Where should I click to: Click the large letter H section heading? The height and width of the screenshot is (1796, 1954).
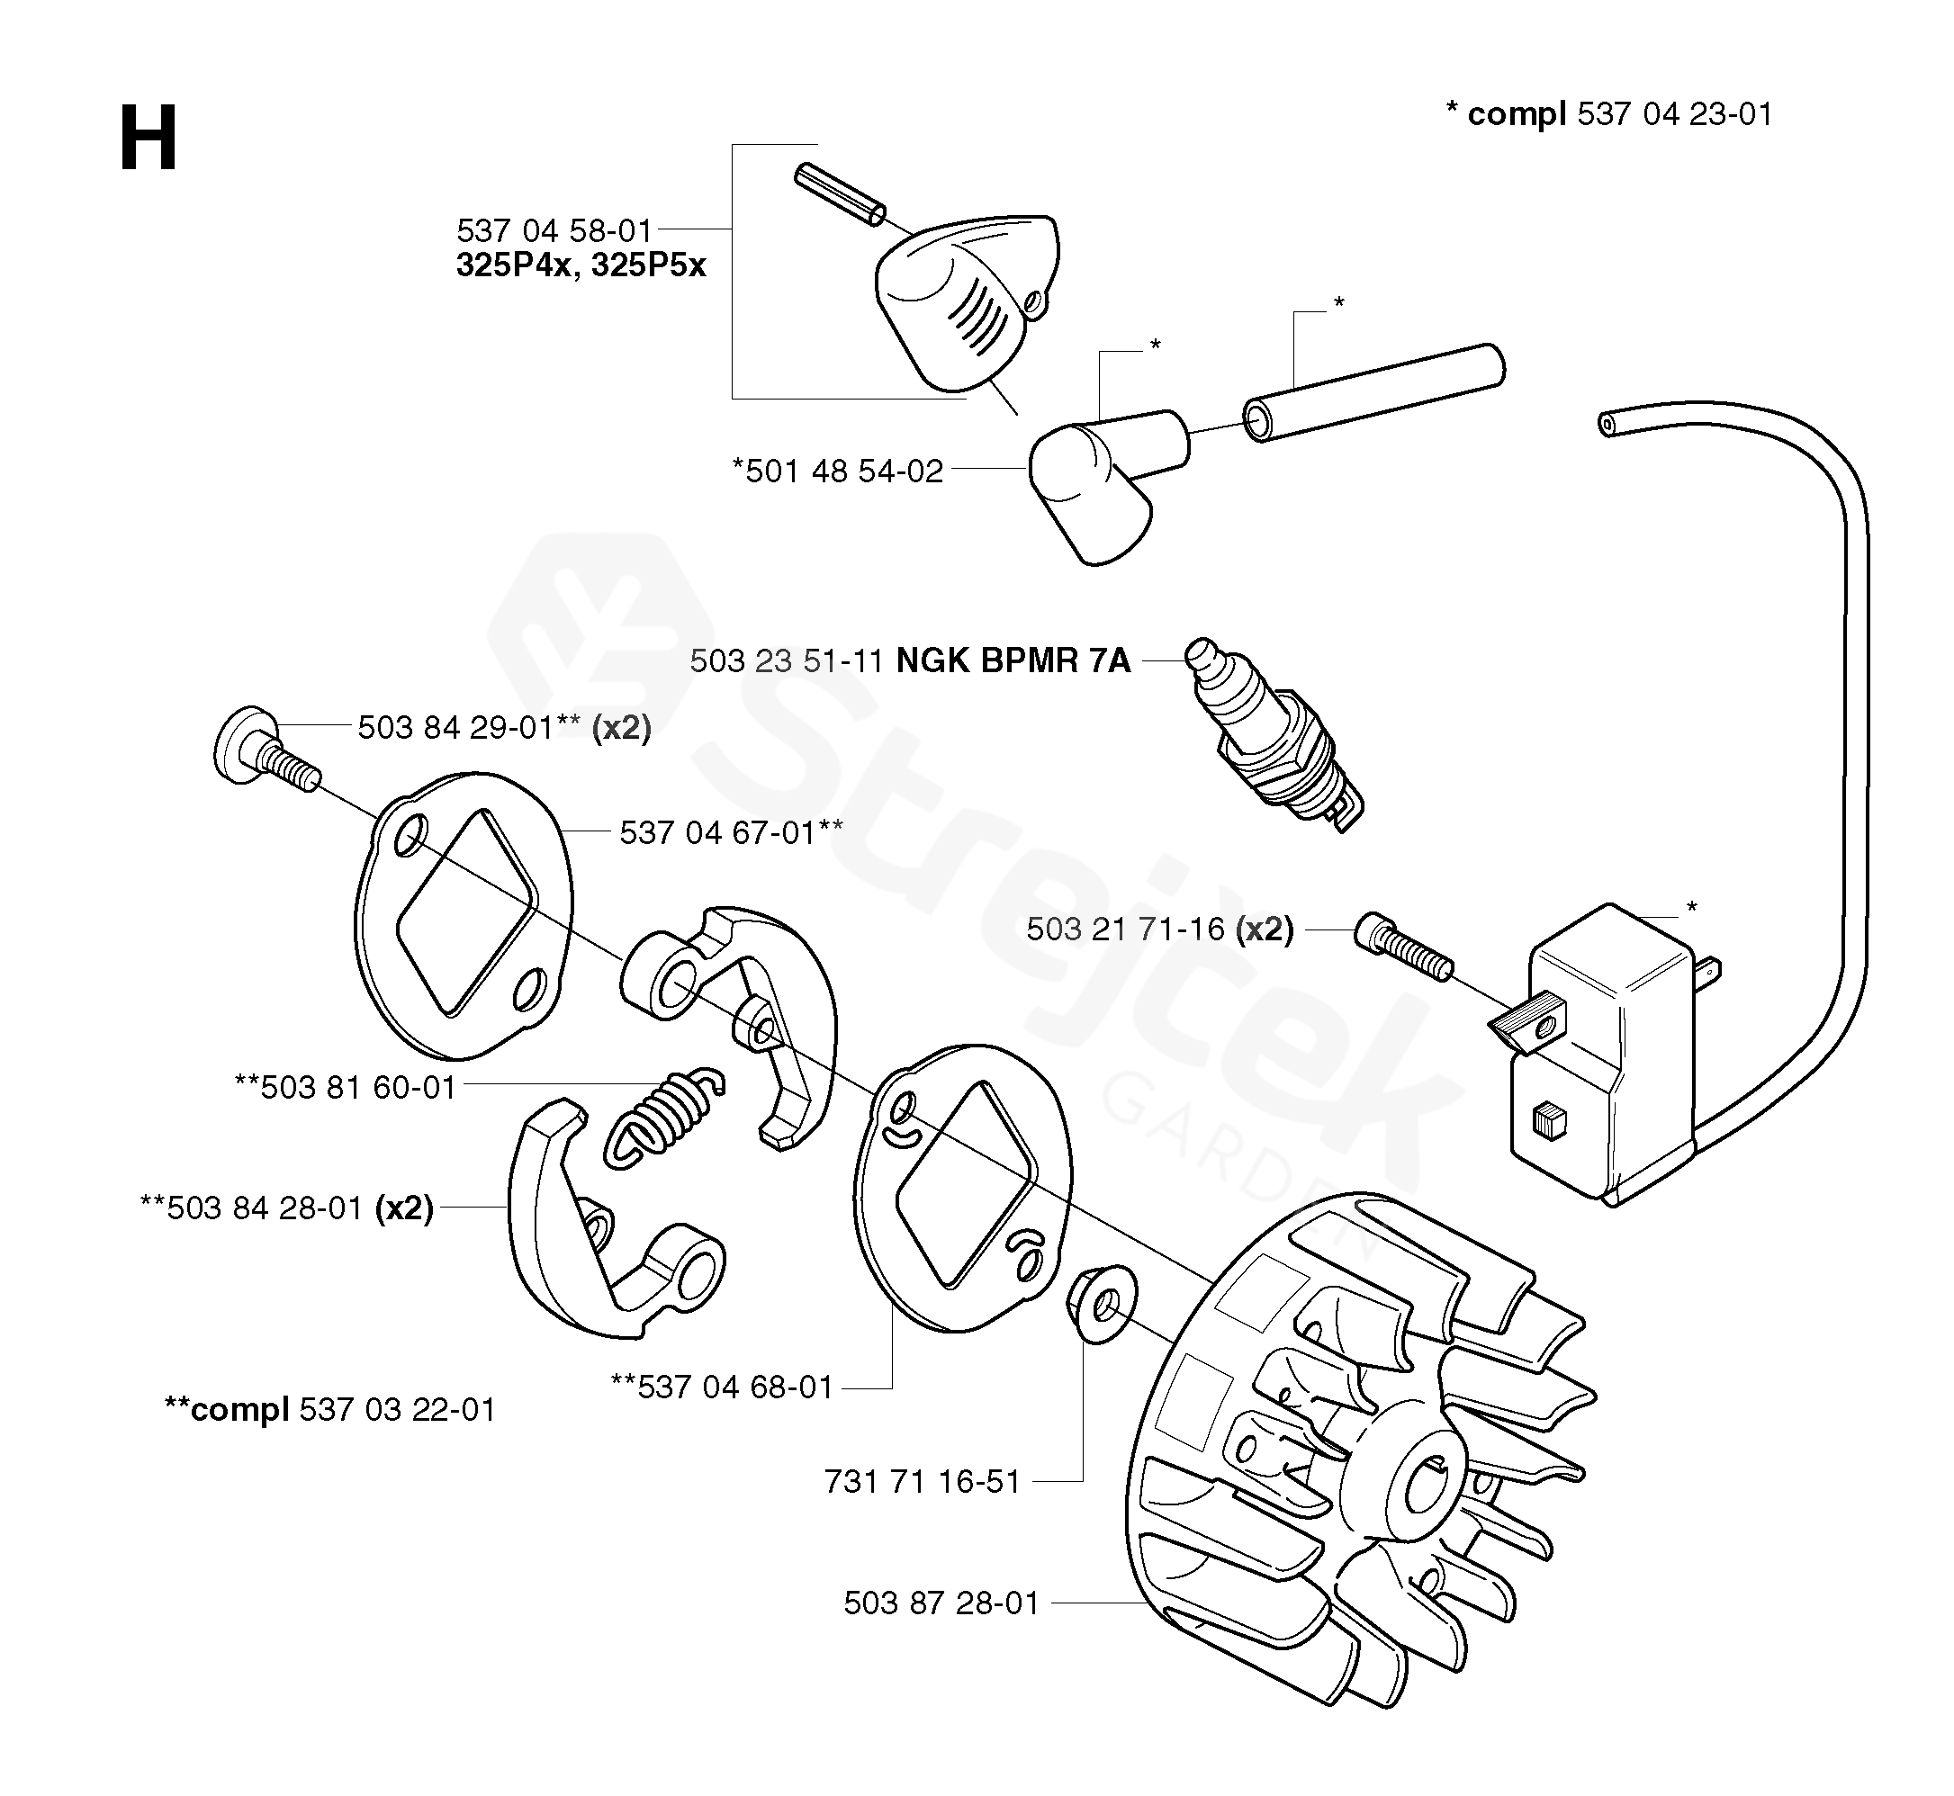pyautogui.click(x=148, y=140)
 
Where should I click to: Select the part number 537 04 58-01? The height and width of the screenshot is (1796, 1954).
pyautogui.click(x=554, y=231)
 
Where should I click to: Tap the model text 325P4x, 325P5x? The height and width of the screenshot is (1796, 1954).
pyautogui.click(x=581, y=265)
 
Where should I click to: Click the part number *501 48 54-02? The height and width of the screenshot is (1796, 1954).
pyautogui.click(x=838, y=471)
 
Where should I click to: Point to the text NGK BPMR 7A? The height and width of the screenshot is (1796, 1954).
pyautogui.click(x=1013, y=660)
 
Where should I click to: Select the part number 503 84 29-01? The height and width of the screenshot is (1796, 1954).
pyautogui.click(x=455, y=727)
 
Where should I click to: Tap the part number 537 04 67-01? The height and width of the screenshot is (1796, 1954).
pyautogui.click(x=717, y=833)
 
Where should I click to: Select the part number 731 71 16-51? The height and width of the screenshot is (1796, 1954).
pyautogui.click(x=922, y=1481)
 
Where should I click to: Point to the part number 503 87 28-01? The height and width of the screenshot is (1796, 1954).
pyautogui.click(x=941, y=1603)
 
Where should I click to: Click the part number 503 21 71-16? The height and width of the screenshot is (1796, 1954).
pyautogui.click(x=1125, y=930)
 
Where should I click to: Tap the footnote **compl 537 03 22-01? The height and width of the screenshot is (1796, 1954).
pyautogui.click(x=330, y=1409)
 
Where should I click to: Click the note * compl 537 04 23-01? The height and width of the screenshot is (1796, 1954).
pyautogui.click(x=1609, y=114)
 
